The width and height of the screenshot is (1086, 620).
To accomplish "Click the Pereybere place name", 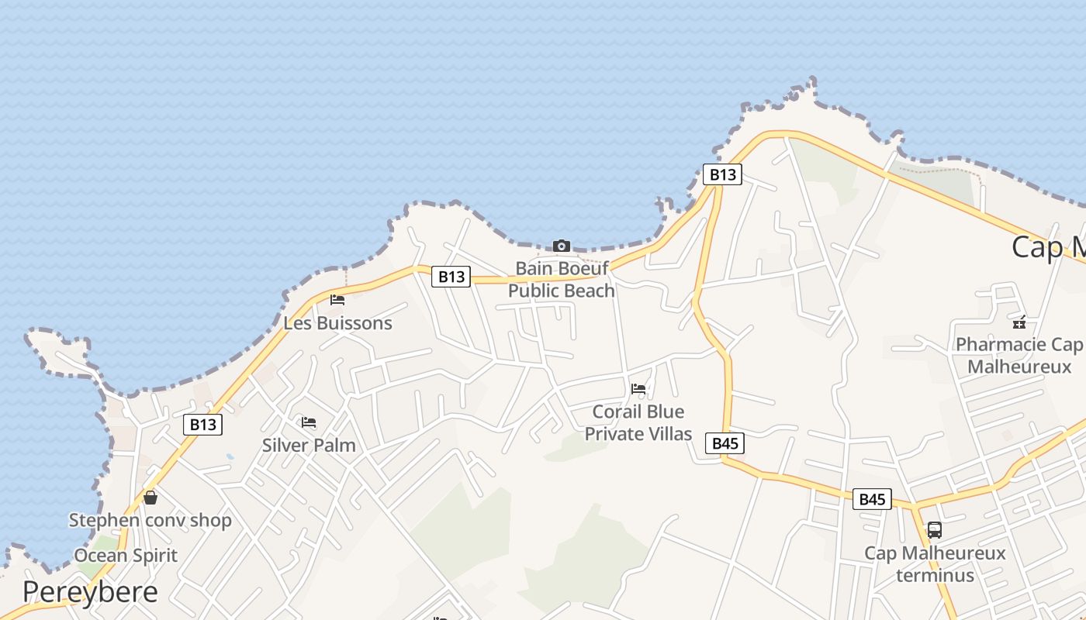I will pyautogui.click(x=90, y=592).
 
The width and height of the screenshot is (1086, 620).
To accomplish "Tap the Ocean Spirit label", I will pyautogui.click(x=126, y=556).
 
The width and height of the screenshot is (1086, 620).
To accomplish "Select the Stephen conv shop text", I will pyautogui.click(x=150, y=520).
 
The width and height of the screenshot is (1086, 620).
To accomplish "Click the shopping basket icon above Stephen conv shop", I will pyautogui.click(x=150, y=498).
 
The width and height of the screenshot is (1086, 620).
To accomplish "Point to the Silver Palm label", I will pyautogui.click(x=309, y=445).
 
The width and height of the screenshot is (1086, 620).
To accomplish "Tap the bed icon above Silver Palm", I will pyautogui.click(x=309, y=422).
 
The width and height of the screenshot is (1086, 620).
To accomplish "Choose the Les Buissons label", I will pyautogui.click(x=337, y=322).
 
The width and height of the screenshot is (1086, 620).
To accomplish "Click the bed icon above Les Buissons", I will pyautogui.click(x=337, y=300).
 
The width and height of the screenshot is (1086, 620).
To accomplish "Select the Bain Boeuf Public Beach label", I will pyautogui.click(x=562, y=280).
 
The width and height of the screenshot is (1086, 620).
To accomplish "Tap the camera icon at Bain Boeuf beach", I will pyautogui.click(x=562, y=246).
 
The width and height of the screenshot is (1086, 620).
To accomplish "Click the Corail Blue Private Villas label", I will pyautogui.click(x=638, y=422).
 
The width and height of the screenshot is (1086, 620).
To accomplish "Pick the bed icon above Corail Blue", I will pyautogui.click(x=638, y=389).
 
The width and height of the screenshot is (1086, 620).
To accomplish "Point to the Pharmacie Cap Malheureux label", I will pyautogui.click(x=1019, y=355).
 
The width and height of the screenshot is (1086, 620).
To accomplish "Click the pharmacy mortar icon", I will pyautogui.click(x=1019, y=322).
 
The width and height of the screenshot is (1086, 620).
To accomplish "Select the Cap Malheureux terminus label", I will pyautogui.click(x=935, y=564).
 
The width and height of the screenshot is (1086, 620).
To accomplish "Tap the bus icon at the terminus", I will pyautogui.click(x=935, y=530).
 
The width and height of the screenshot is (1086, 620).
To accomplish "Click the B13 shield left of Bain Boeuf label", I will pyautogui.click(x=451, y=277).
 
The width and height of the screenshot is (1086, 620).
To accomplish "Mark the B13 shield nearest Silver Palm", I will pyautogui.click(x=203, y=425).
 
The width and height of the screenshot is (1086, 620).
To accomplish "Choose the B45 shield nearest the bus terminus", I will pyautogui.click(x=872, y=499).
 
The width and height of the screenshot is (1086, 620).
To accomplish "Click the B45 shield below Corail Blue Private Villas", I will pyautogui.click(x=725, y=443).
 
